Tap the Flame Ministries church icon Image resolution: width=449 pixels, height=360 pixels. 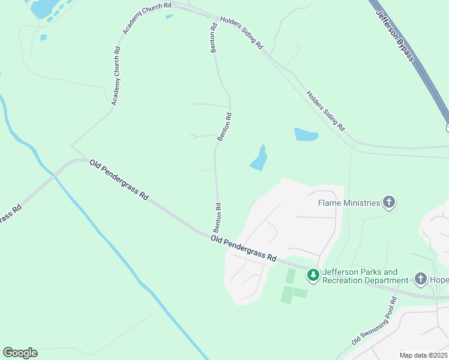[389, 203]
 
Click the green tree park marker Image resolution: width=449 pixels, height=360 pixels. [313, 275]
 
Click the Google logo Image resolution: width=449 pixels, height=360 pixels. [20, 353]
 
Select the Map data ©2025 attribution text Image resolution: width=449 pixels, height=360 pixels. [423, 355]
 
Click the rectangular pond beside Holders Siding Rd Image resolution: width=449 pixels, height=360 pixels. [306, 134]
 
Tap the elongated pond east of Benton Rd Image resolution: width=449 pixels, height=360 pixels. [259, 158]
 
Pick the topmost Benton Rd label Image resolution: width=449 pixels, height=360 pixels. [213, 38]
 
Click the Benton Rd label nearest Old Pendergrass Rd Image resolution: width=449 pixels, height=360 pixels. [218, 218]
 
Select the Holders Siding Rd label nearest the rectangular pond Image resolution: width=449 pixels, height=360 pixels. [326, 111]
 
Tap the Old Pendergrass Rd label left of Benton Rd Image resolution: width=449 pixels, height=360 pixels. [119, 179]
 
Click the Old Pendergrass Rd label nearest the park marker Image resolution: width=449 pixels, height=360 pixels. [243, 248]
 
